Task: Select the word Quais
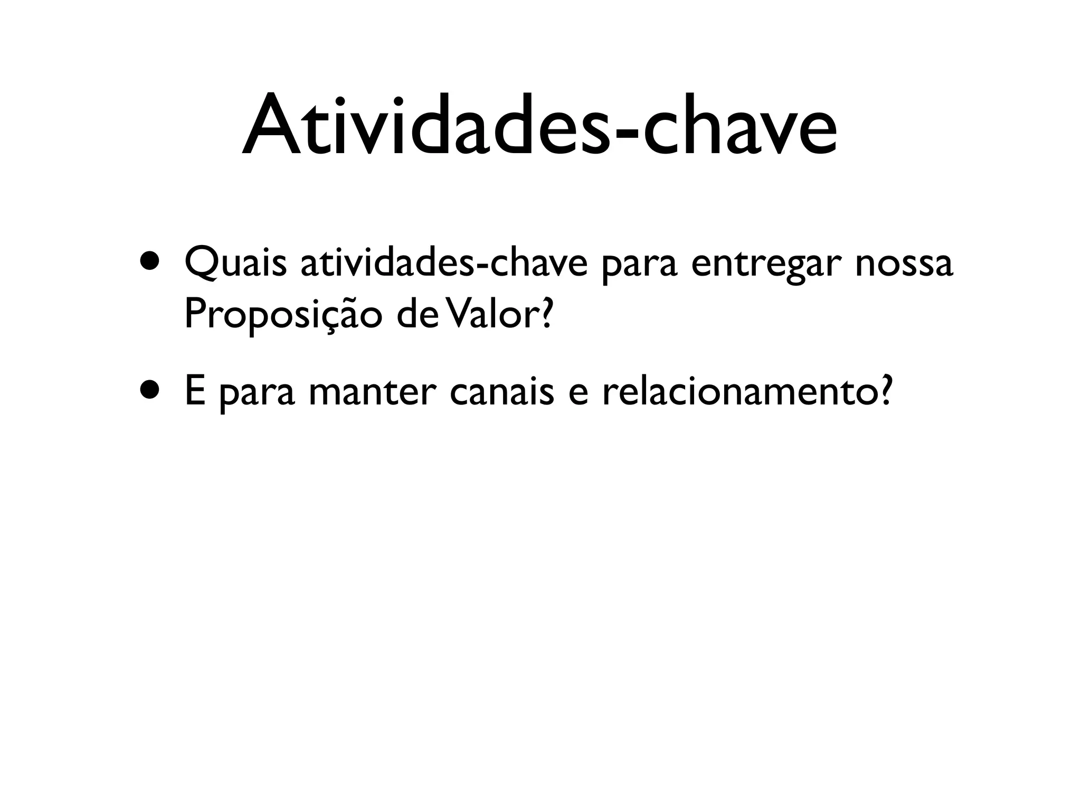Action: tap(235, 264)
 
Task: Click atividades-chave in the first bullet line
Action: tap(444, 264)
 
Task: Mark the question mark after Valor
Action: tap(546, 314)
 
